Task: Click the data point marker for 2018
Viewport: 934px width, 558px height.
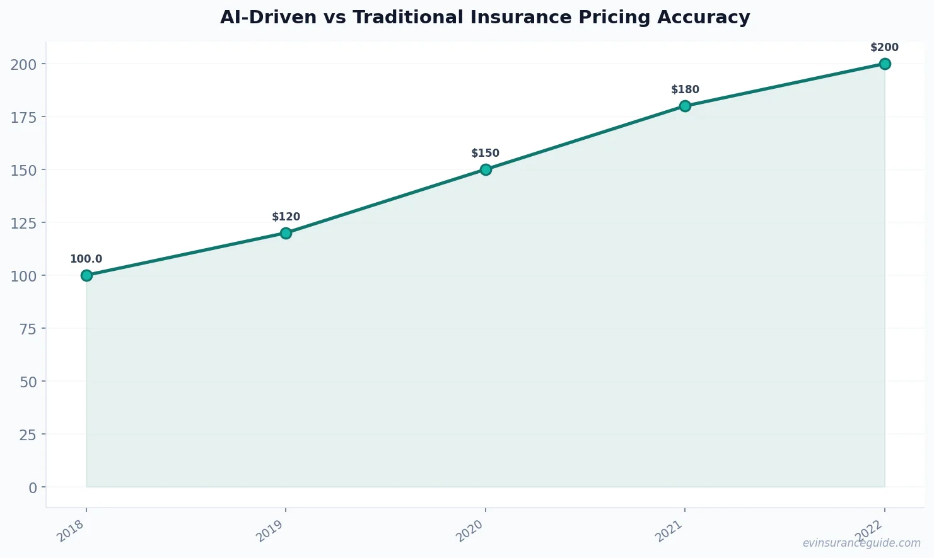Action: [86, 275]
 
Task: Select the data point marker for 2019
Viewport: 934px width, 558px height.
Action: [286, 233]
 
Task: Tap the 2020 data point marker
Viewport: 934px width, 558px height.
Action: [486, 169]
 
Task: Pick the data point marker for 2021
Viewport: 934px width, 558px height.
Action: [685, 106]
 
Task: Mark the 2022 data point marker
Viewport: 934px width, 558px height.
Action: [885, 64]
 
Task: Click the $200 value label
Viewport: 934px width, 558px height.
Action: [884, 47]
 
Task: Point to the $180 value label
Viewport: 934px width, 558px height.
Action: [685, 89]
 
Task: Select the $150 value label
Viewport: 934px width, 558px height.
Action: [485, 153]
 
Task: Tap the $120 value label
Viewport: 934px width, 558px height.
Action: [286, 217]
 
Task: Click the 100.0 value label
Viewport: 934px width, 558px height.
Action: [86, 259]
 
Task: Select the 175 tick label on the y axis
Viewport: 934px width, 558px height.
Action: [24, 117]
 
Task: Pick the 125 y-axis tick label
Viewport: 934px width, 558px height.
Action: [24, 223]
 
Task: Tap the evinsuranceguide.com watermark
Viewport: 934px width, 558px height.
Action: [861, 543]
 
